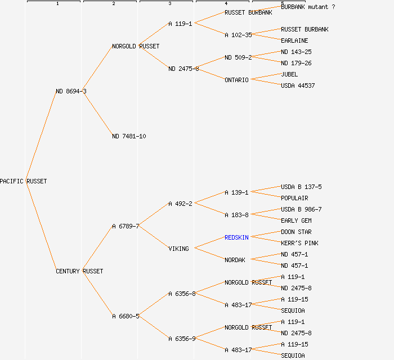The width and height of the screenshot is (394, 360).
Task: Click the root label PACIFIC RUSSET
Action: [23, 181]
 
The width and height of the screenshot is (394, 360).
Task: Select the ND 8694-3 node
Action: [71, 91]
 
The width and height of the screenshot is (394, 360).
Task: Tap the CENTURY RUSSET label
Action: [79, 271]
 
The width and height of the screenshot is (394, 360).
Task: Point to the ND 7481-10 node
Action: [129, 136]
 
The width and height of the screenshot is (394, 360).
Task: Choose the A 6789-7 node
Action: [126, 226]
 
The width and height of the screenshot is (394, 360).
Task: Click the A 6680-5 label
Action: [126, 316]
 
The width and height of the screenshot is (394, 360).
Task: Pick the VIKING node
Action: [178, 249]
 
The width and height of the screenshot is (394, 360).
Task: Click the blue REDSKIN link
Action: [236, 237]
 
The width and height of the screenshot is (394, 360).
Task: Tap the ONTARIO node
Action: [236, 80]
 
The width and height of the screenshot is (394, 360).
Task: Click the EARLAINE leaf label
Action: [294, 40]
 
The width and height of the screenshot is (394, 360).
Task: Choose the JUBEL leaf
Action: [289, 74]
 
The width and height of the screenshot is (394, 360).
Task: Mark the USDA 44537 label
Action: [298, 85]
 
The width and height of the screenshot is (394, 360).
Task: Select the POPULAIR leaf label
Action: [294, 198]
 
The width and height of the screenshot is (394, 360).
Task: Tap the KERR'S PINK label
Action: [299, 243]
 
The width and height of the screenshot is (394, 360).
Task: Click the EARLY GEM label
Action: [296, 220]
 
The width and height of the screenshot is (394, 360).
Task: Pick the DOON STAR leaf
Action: [296, 232]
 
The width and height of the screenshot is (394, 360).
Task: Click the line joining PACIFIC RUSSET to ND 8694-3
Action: [41, 136]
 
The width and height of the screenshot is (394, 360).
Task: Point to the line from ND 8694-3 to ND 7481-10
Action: [98, 114]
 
